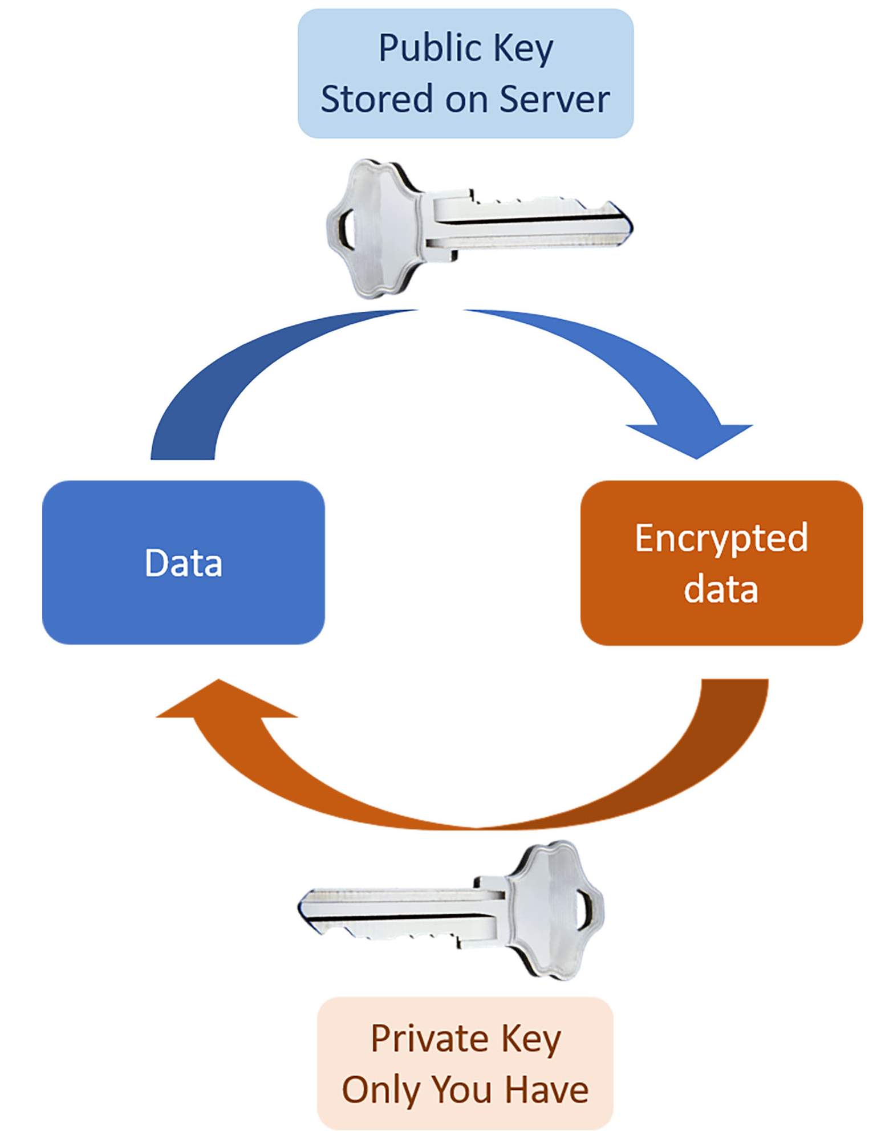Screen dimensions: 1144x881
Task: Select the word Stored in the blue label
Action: pos(376,99)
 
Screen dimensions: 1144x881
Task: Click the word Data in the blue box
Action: pos(183,563)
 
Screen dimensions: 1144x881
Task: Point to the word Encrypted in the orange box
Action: pos(721,538)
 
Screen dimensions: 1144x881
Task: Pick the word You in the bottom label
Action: pos(462,1090)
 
